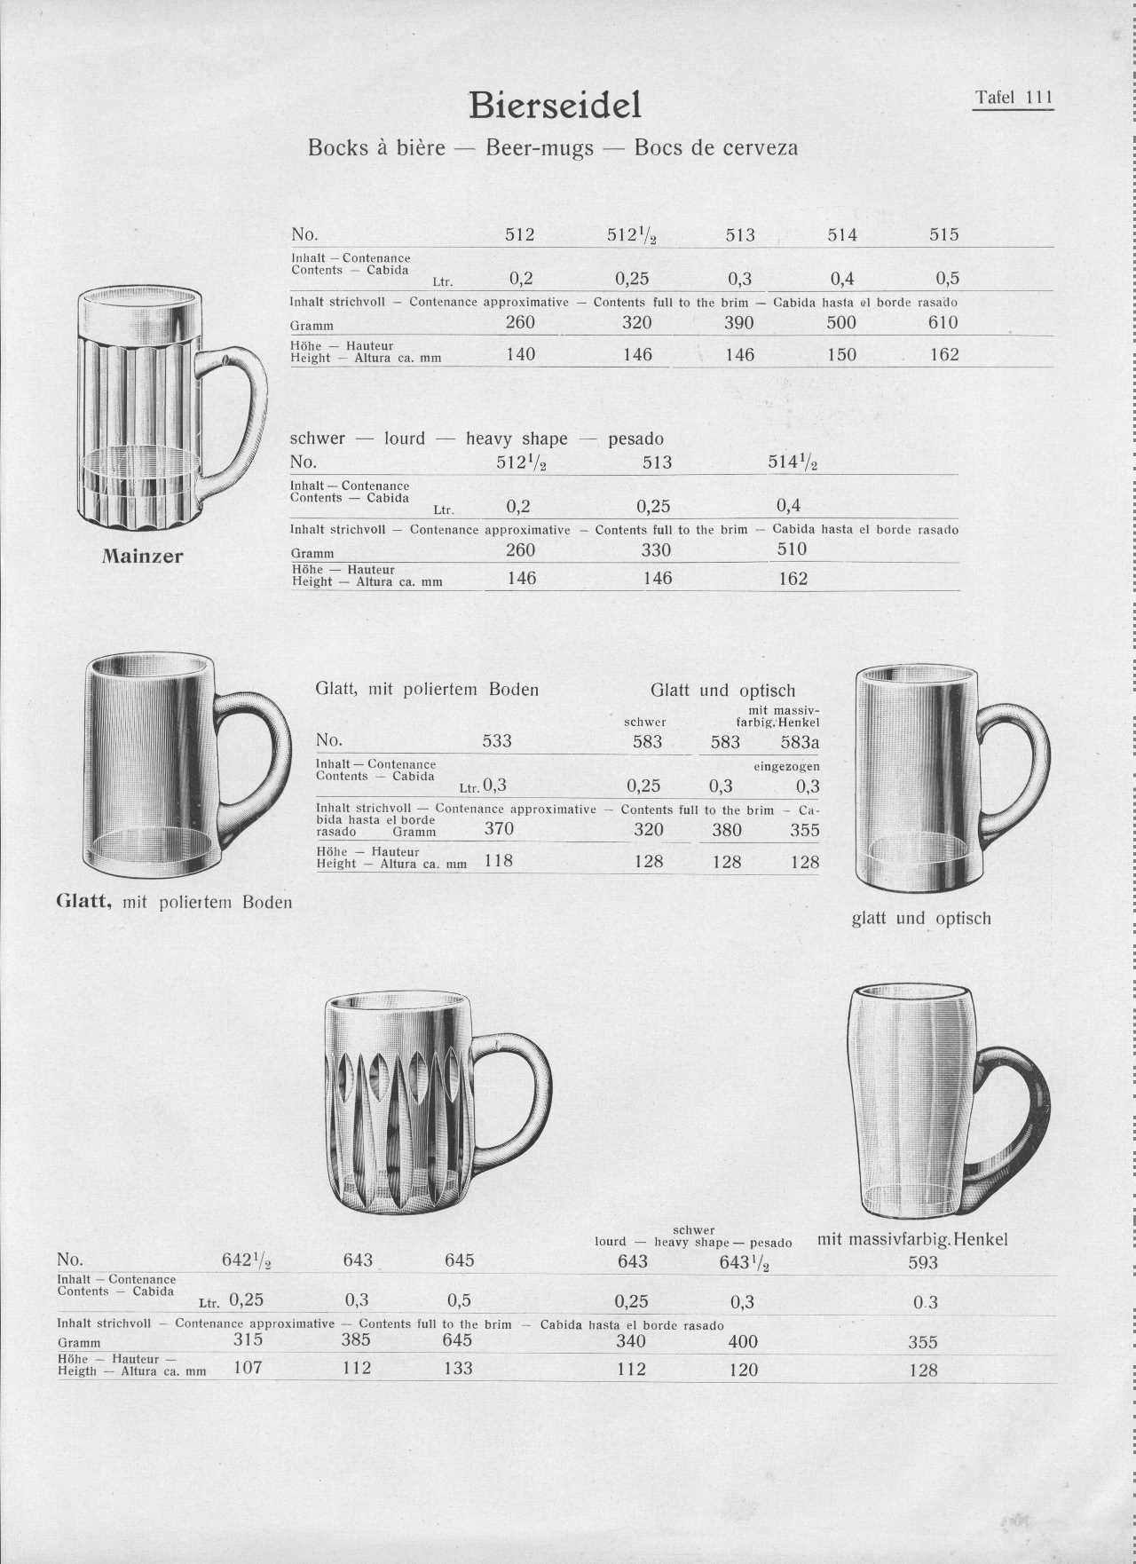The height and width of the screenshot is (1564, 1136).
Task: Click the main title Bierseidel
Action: click(555, 105)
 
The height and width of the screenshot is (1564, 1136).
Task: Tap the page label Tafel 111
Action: click(1013, 98)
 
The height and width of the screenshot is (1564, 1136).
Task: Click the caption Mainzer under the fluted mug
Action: click(142, 557)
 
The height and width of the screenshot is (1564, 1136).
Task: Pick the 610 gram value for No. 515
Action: click(943, 322)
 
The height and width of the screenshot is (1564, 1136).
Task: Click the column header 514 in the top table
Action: click(842, 234)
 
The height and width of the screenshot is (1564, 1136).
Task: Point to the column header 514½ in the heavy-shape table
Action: click(793, 462)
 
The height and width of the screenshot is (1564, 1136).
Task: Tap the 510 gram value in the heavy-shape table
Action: click(793, 549)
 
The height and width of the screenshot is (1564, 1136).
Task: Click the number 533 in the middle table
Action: click(497, 741)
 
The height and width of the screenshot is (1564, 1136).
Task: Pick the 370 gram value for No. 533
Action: click(499, 829)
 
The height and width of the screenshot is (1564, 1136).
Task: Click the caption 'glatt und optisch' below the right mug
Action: click(921, 919)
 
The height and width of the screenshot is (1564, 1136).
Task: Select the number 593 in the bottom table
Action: click(923, 1262)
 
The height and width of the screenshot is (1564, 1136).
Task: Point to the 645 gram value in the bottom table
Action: click(458, 1340)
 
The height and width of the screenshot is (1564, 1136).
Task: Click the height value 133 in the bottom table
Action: click(458, 1369)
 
